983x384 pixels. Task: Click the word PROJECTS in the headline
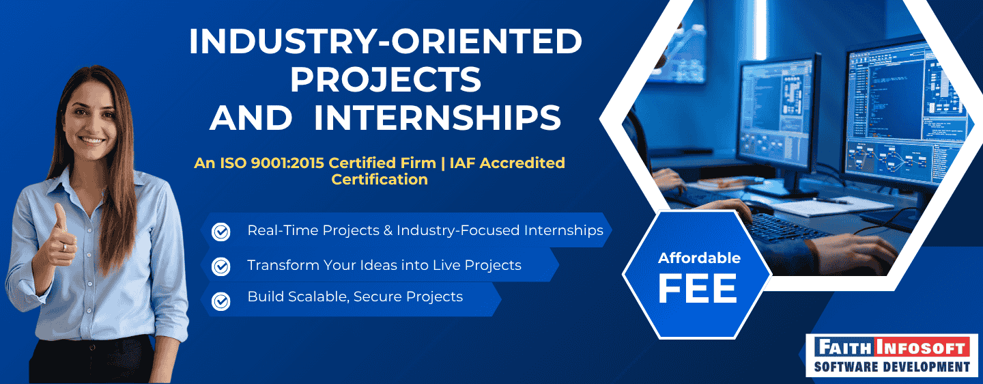coord(386,80)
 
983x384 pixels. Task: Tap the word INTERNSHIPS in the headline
coord(438,118)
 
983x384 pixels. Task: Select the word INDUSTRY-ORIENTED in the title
coord(386,42)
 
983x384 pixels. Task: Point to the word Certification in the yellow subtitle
coord(380,180)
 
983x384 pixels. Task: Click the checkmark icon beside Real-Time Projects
coord(221,232)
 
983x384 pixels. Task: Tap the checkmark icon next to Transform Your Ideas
coord(221,266)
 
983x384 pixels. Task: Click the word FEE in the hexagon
coord(698,288)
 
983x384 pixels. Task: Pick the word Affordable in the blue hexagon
coord(699,258)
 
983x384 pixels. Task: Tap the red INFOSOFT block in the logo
coord(924,348)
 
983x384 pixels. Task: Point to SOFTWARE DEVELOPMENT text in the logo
coord(892,368)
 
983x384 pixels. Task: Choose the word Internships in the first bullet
coord(564,230)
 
